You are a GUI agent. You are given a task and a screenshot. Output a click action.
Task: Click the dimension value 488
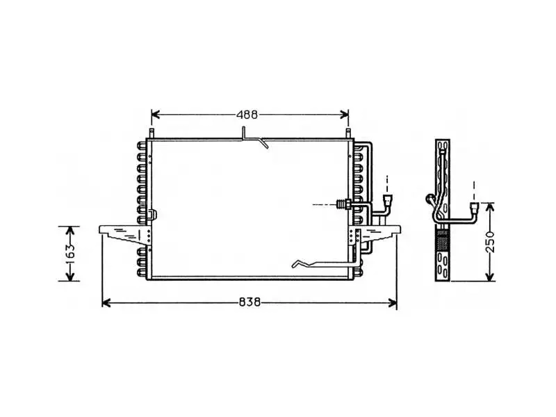247,115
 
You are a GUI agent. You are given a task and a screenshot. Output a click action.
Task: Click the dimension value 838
250,302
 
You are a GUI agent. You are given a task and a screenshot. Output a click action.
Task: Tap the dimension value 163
70,252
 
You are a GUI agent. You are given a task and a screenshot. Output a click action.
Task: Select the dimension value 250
490,241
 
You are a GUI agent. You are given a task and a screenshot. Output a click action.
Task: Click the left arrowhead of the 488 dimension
156,115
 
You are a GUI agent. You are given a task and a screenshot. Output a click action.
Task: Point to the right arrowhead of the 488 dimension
344,115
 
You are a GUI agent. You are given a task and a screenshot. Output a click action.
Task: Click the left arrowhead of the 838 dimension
106,303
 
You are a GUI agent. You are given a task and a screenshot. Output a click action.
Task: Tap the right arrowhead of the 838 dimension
392,303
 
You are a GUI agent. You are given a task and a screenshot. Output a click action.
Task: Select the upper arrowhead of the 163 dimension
70,231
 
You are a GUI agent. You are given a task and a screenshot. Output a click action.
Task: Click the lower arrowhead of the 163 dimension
70,276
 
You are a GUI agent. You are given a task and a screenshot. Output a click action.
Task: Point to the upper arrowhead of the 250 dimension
490,208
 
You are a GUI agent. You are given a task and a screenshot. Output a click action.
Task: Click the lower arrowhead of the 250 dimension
490,276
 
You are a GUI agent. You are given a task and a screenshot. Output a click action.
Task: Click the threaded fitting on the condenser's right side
343,204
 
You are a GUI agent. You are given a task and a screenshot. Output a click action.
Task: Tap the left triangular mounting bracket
126,234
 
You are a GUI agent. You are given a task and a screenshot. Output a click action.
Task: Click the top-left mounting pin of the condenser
152,133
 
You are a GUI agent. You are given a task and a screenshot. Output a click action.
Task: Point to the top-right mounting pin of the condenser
348,133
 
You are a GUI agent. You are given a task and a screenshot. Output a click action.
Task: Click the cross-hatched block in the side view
442,240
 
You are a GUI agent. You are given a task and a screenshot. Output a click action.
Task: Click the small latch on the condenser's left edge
154,214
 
